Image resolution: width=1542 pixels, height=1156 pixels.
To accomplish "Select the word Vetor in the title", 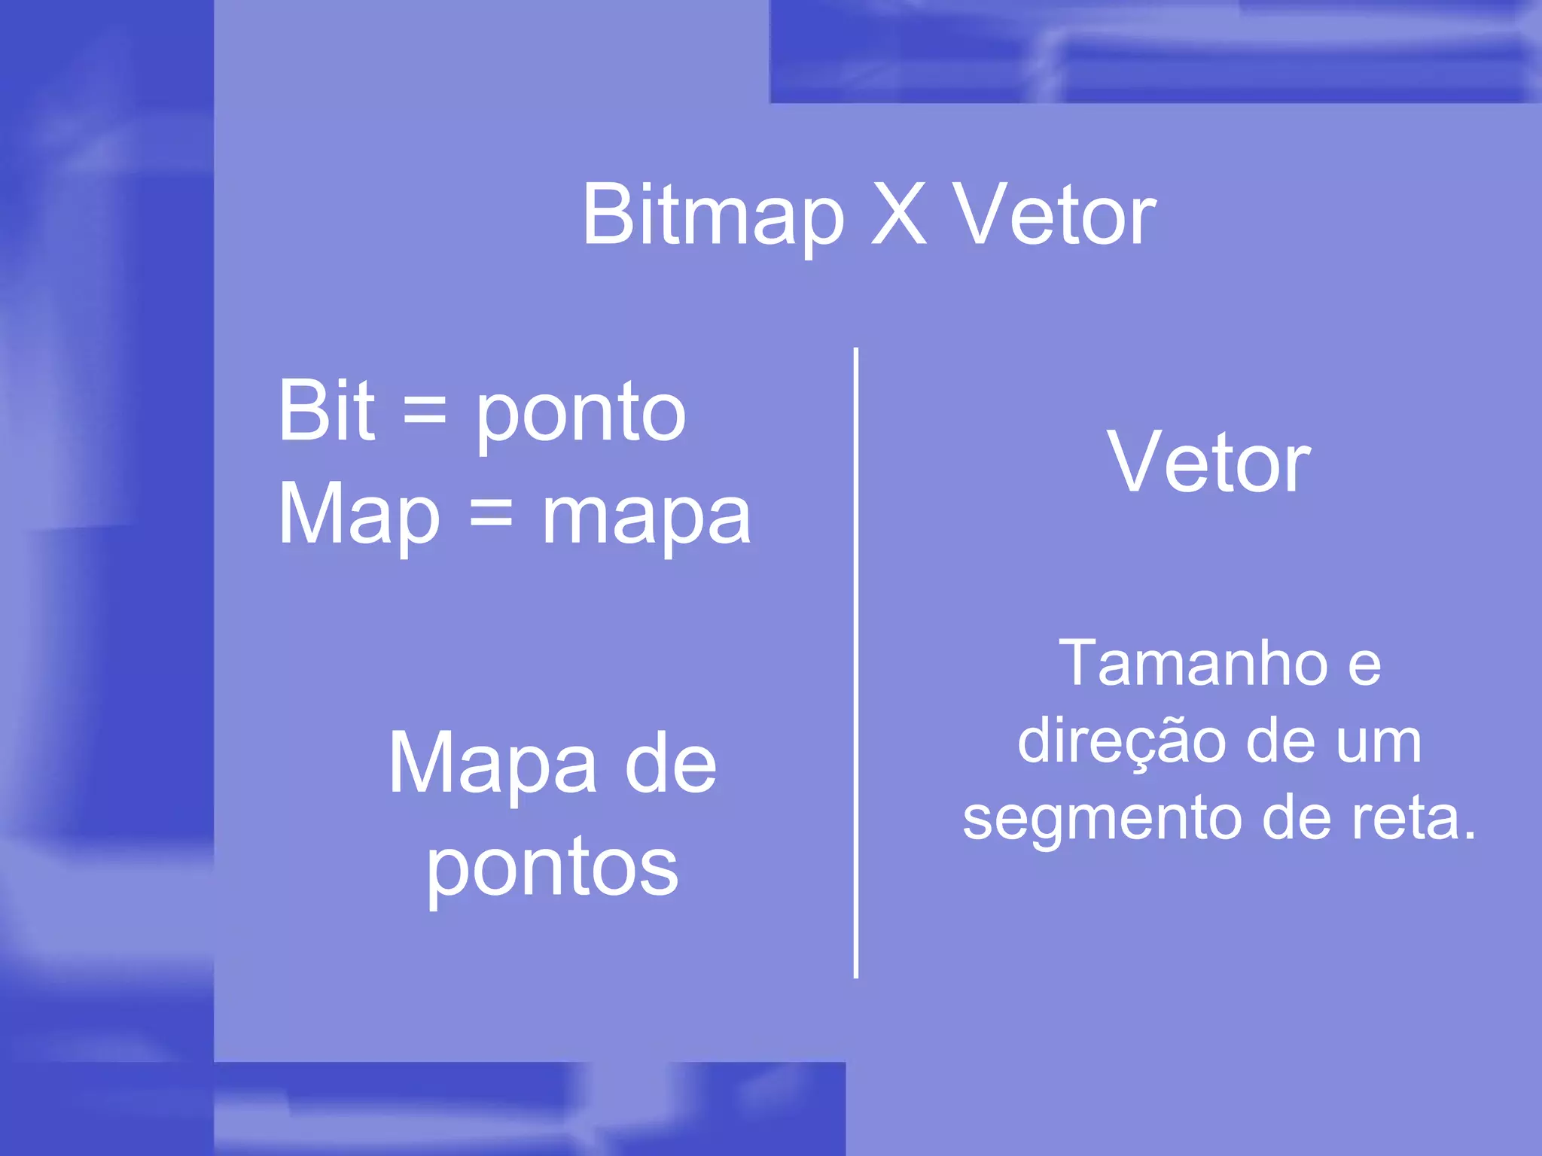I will coord(1053,216).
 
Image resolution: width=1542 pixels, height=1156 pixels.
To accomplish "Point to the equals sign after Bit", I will coord(425,412).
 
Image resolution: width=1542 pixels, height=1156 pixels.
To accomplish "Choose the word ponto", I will coord(581,415).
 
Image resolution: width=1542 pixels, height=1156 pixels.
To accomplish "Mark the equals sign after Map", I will coord(491,515).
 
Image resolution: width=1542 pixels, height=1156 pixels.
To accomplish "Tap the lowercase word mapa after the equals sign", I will coord(646,519).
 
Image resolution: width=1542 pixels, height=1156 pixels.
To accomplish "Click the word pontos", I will coord(553,870).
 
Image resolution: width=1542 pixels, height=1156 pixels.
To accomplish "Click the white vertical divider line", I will coord(856,662).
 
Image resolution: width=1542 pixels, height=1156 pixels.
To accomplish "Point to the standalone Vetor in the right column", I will coord(1208,463).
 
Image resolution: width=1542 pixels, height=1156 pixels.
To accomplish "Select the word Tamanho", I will coord(1193,664).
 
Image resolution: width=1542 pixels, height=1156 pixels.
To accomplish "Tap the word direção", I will coord(1121,742).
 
